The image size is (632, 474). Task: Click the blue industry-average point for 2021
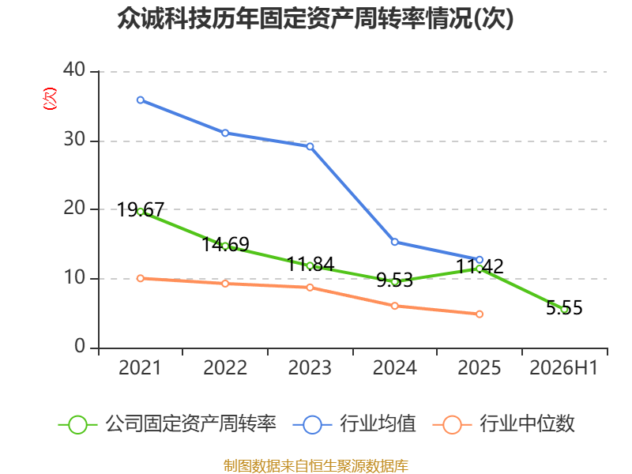pos(141,100)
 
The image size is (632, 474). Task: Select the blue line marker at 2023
pos(310,146)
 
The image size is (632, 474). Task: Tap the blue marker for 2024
pos(394,242)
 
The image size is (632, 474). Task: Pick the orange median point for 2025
pos(480,314)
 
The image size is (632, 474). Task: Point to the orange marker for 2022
pos(225,284)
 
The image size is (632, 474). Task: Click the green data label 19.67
pos(141,210)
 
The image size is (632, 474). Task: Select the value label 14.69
pos(225,244)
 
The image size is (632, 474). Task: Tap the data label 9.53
pos(394,280)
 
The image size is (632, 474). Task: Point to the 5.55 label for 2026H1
pos(564,307)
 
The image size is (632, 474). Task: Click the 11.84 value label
pos(310,265)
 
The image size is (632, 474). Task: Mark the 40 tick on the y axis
pos(74,70)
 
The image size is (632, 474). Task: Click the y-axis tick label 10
pos(74,277)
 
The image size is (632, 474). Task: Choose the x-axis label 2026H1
pos(563,367)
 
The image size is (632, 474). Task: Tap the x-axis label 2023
pos(310,367)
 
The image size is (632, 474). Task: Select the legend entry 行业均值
pos(354,424)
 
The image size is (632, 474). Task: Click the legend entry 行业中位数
pos(503,424)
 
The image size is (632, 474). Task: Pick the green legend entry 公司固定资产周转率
pos(167,424)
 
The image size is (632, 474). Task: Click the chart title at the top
pos(315,18)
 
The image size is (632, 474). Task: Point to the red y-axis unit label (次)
pos(50,99)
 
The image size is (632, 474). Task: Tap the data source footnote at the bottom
pos(315,466)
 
